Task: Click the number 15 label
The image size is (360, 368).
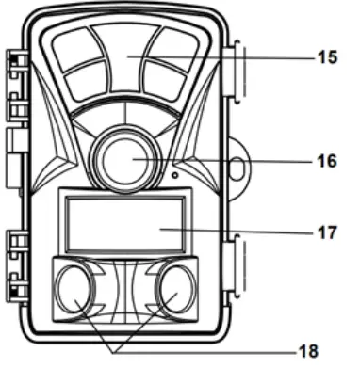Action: click(326, 57)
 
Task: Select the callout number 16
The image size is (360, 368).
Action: click(326, 161)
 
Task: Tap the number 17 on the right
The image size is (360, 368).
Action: click(326, 231)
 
